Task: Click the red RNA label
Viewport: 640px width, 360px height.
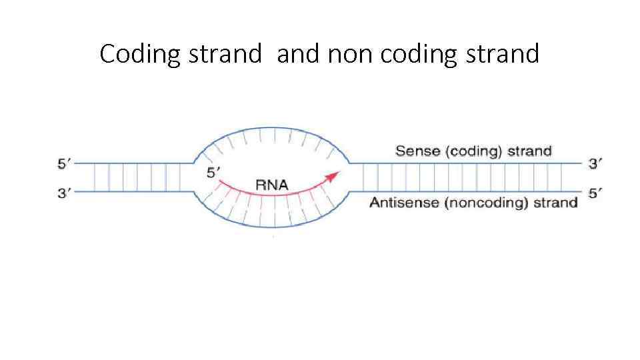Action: click(x=272, y=184)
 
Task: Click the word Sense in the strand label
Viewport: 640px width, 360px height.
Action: click(x=419, y=151)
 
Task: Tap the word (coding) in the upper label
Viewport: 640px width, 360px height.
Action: click(x=475, y=151)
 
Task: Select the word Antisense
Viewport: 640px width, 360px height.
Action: click(x=405, y=203)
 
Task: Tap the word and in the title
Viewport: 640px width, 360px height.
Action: click(x=298, y=54)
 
